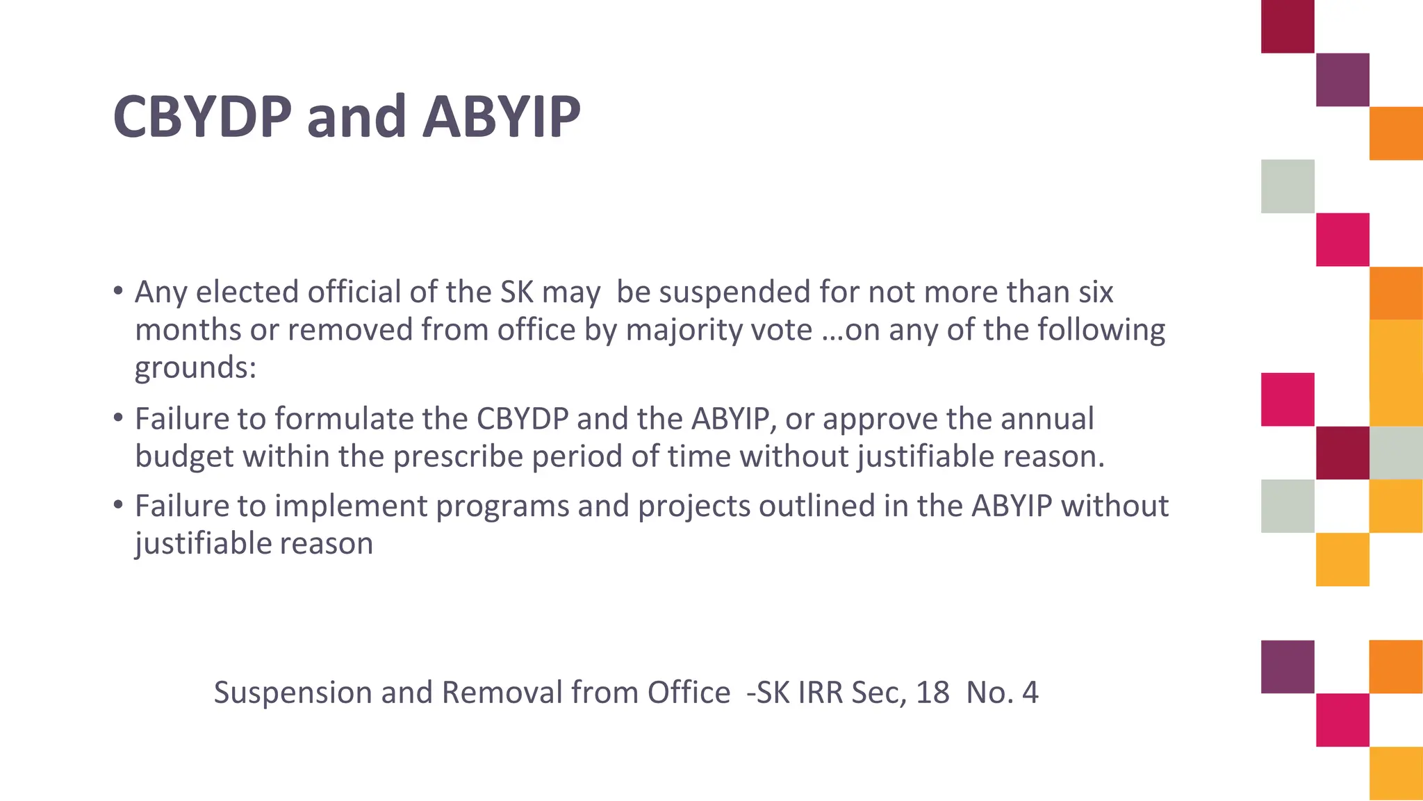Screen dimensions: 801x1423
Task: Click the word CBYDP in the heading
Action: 202,117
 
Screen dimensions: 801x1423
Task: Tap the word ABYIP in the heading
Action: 501,117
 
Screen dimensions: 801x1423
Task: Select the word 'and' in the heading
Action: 356,117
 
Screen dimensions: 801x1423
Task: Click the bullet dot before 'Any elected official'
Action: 118,290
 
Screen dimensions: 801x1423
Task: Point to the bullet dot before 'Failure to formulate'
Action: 118,417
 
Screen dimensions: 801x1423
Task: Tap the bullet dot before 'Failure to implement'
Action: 118,504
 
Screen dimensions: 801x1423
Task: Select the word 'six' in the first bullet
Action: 1096,292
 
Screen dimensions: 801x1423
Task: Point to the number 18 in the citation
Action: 932,693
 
